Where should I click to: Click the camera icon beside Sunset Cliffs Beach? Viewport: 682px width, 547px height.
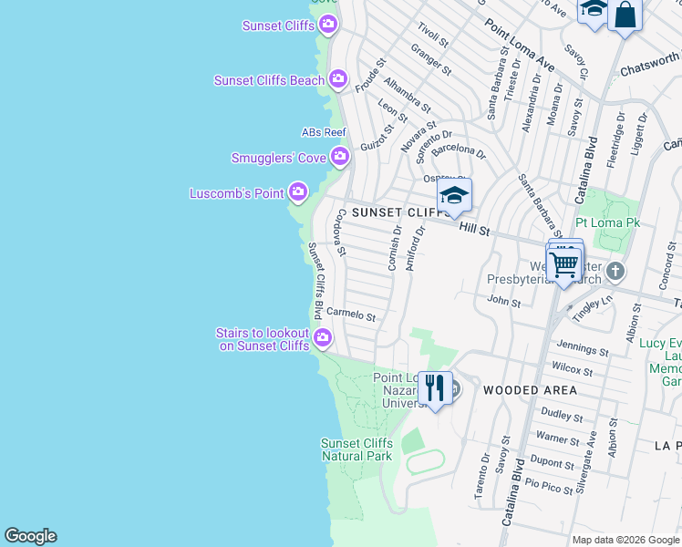338,80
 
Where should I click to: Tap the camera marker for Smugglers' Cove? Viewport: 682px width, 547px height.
340,158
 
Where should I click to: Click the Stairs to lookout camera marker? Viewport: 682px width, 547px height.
323,339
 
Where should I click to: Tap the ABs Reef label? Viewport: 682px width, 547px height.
324,133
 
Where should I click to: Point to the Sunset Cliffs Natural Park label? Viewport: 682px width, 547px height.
356,449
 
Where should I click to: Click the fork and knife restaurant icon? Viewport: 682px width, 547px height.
436,388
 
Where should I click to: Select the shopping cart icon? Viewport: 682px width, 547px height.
564,265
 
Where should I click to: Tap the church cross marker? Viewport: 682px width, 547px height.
615,271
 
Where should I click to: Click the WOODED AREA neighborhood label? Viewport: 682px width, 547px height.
530,390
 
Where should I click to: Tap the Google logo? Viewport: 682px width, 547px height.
30,536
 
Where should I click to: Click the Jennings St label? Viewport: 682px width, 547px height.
582,348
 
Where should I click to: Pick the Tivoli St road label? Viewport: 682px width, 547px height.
433,36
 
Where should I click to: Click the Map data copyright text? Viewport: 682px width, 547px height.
625,540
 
